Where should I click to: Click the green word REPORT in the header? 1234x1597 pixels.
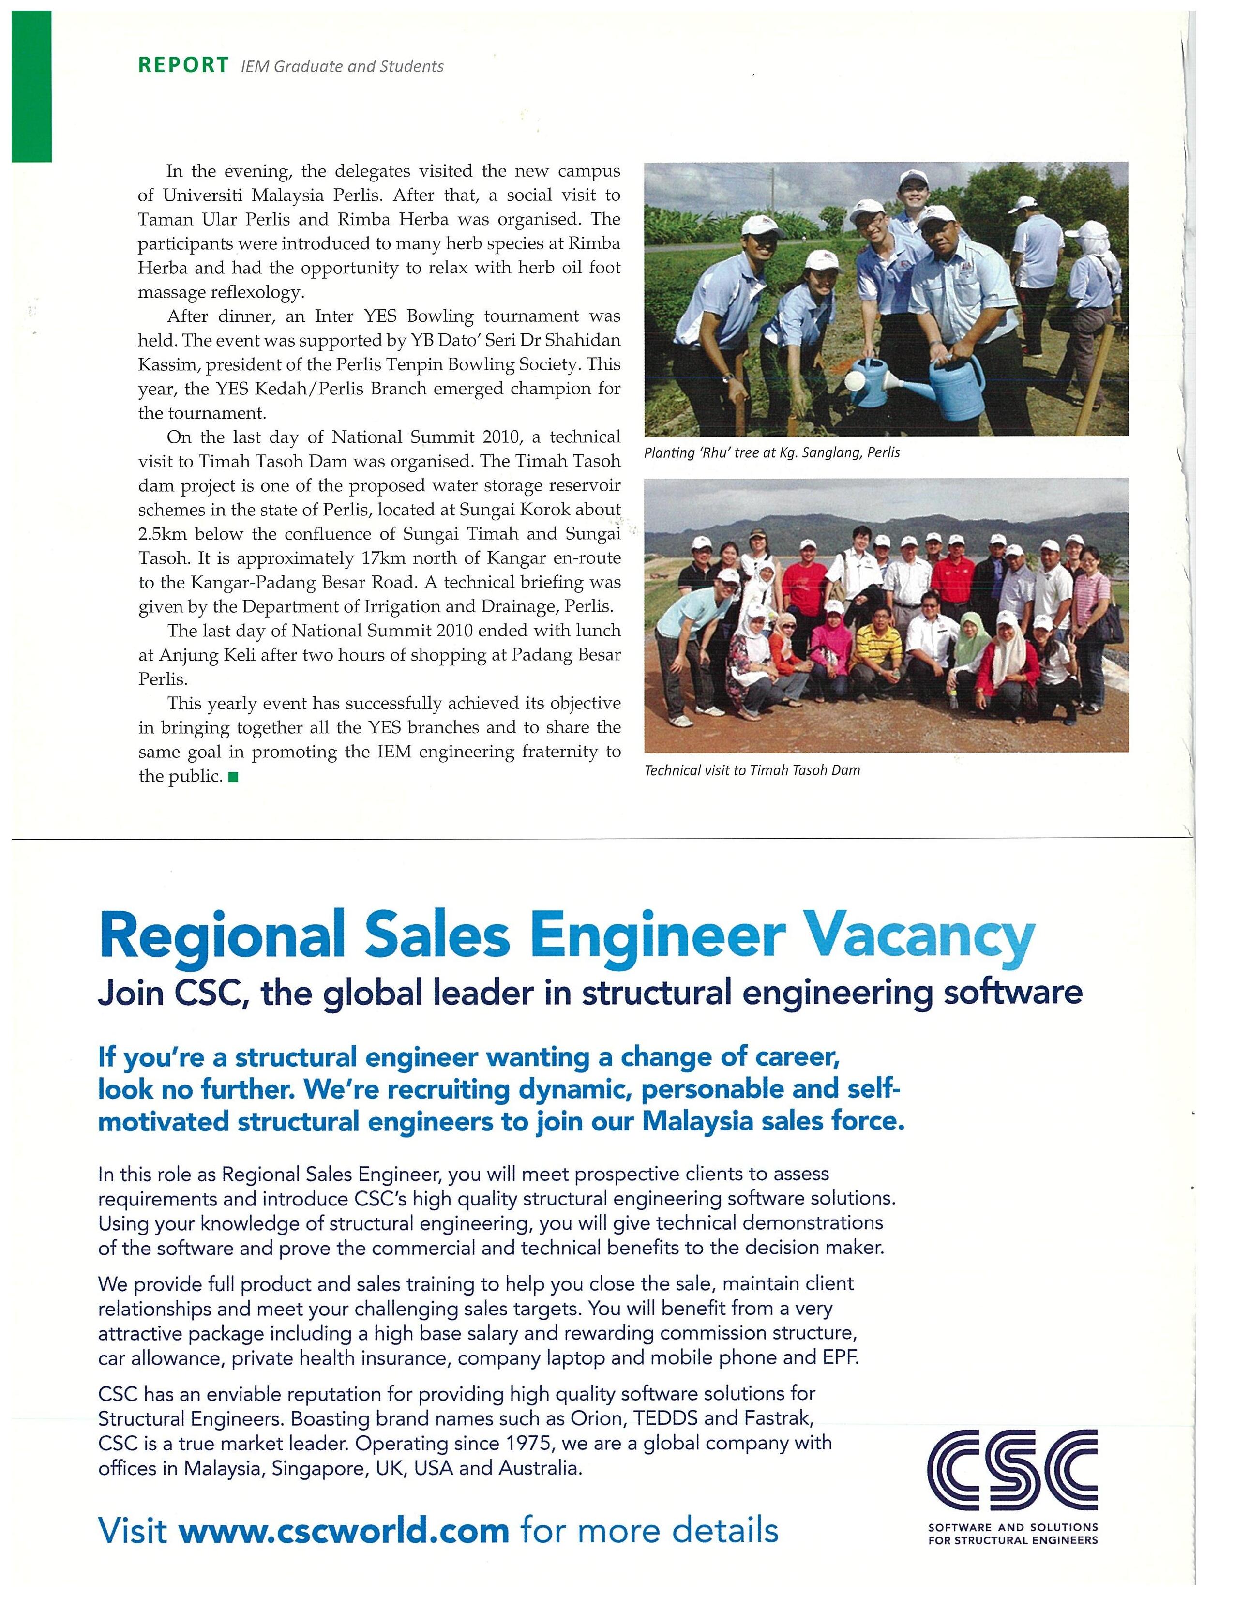pyautogui.click(x=183, y=65)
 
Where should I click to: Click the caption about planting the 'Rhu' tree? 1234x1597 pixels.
pyautogui.click(x=771, y=452)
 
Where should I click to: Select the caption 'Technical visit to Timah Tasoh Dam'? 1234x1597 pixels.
pyautogui.click(x=752, y=770)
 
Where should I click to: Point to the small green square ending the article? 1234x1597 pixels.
pyautogui.click(x=233, y=777)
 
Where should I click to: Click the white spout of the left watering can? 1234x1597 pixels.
pyautogui.click(x=855, y=380)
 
